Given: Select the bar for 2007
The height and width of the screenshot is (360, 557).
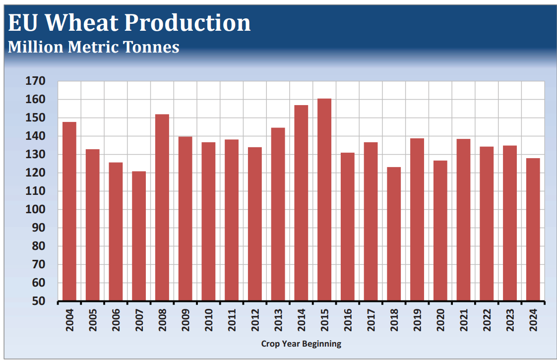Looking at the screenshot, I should click(139, 236).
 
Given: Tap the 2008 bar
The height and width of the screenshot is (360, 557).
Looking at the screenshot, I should click(162, 208).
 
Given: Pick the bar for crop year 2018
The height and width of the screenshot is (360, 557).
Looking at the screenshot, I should click(394, 234).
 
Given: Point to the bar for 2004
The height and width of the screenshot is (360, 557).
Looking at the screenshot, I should click(69, 212).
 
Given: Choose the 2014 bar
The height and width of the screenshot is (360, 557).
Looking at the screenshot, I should click(301, 203).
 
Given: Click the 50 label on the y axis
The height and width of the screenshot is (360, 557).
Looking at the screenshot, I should click(39, 301).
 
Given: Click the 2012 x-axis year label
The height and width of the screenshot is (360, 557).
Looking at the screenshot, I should click(255, 321).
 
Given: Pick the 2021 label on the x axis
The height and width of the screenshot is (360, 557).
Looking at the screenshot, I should click(464, 321).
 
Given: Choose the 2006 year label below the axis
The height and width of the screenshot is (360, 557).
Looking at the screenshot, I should click(116, 321).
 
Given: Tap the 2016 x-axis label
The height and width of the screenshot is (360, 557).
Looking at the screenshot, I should click(348, 321).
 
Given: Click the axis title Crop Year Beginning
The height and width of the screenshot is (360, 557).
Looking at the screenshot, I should click(301, 344).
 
